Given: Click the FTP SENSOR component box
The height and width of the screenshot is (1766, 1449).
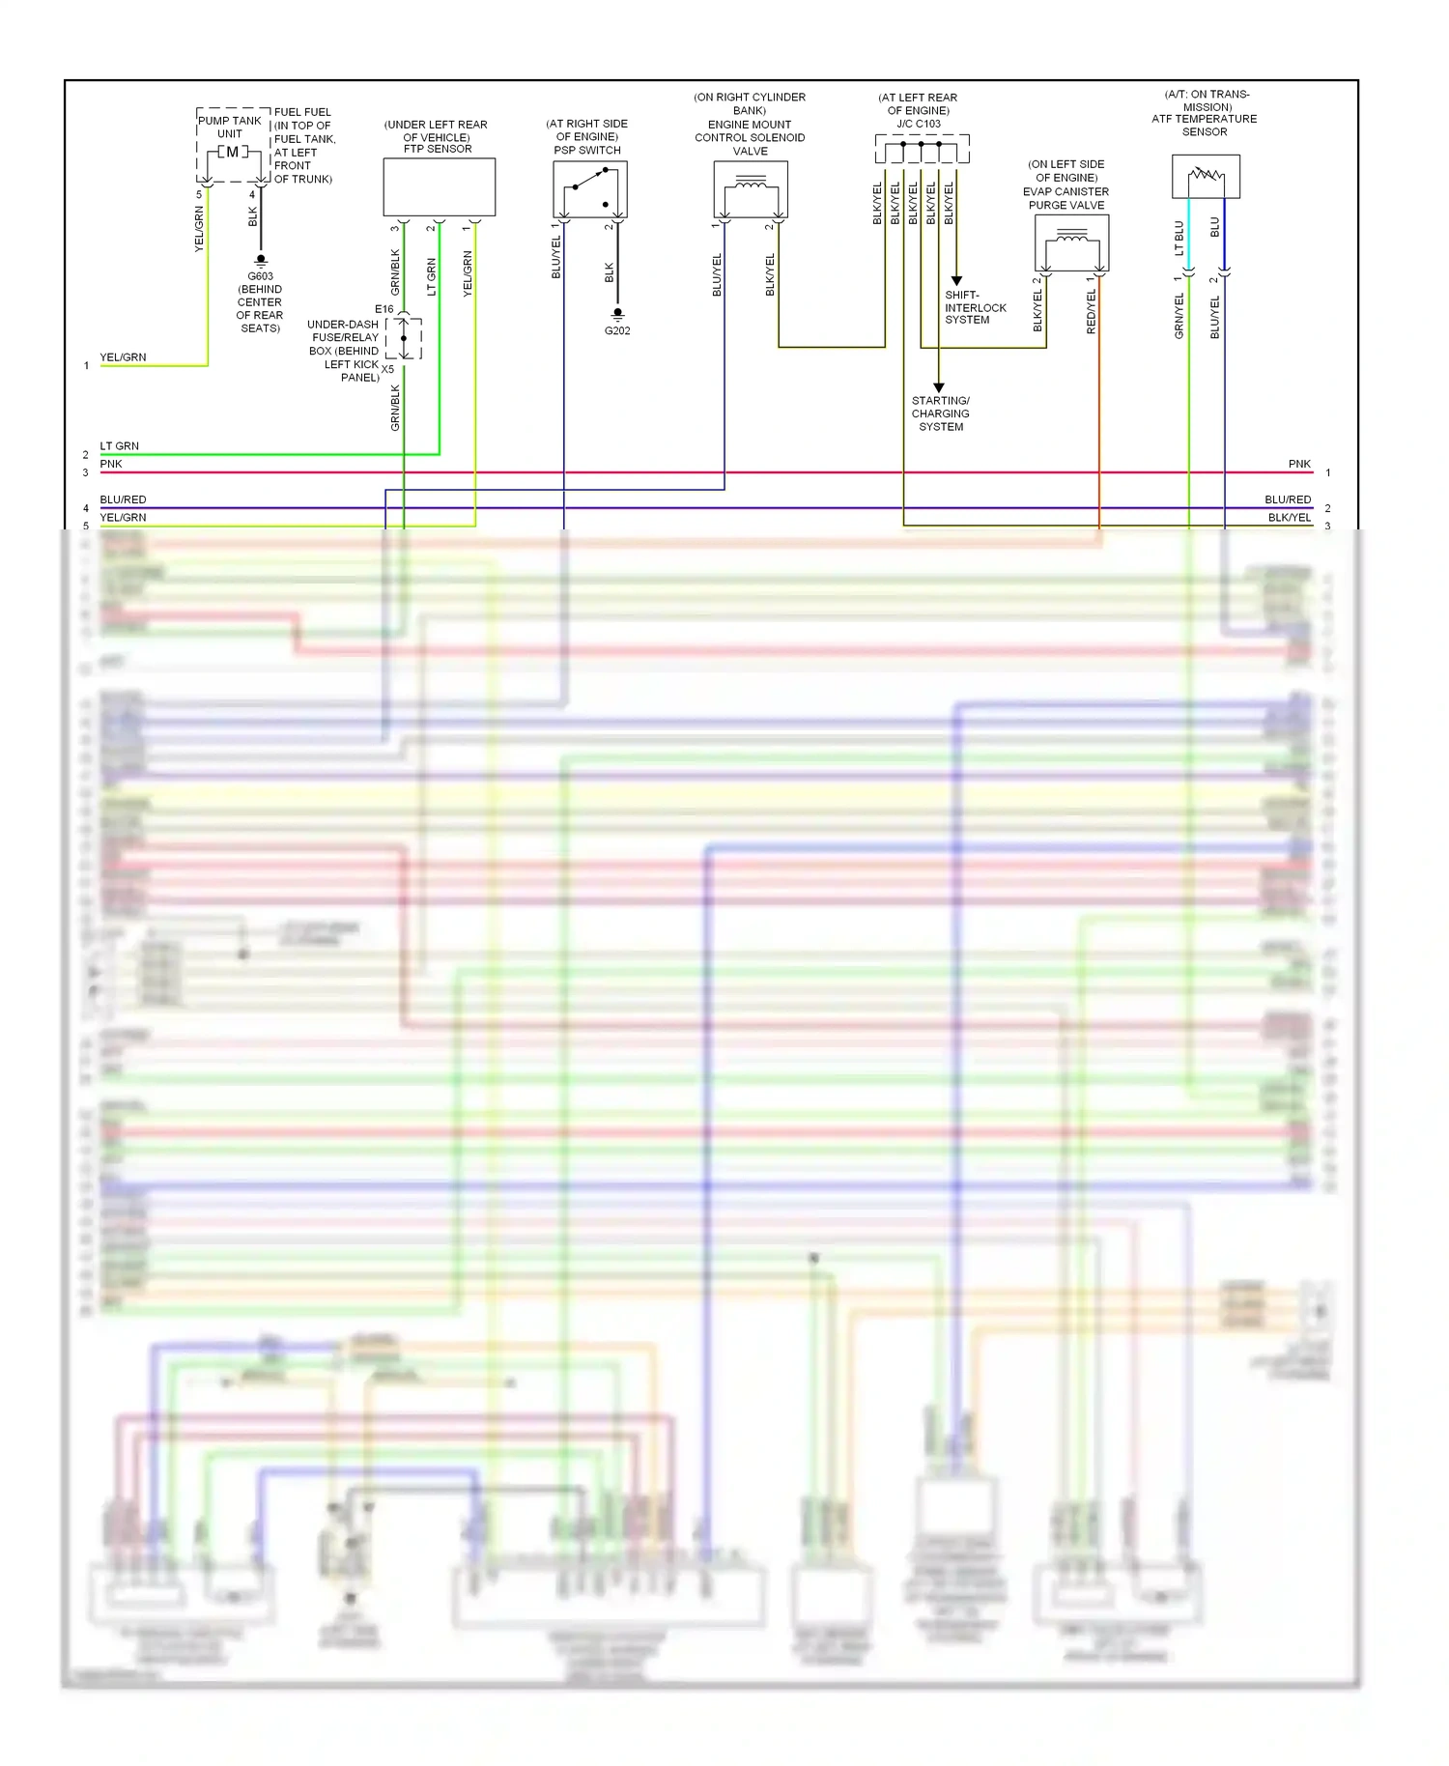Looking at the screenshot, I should tap(439, 186).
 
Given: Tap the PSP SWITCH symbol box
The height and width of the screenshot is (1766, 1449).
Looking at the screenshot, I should tap(589, 189).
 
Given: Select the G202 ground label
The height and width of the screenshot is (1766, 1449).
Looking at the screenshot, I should tap(617, 330).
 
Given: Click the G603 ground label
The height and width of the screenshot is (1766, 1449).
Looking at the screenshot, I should tap(260, 276).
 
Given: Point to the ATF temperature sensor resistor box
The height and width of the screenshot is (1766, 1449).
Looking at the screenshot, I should tap(1206, 176).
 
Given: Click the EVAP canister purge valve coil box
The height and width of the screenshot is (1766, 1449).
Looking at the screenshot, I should tap(1070, 242).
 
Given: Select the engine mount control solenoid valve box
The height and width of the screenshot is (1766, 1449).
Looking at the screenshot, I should tap(750, 188).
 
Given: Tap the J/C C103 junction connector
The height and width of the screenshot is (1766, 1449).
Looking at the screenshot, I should tap(922, 150).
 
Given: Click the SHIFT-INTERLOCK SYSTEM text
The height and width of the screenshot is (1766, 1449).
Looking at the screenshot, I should tap(975, 307).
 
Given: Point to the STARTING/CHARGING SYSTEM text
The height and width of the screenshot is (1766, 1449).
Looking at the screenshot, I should tap(940, 413).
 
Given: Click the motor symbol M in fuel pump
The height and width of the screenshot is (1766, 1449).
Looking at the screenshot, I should tap(233, 152).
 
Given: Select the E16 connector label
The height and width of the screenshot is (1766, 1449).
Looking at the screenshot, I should tap(384, 309).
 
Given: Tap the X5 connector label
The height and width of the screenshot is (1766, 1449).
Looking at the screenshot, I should tap(387, 369).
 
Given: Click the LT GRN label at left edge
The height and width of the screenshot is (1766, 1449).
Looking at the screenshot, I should tap(119, 446).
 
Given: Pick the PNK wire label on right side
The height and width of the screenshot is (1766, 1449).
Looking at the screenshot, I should tap(1298, 464).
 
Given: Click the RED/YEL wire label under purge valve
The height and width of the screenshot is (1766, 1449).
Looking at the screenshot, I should tap(1091, 311).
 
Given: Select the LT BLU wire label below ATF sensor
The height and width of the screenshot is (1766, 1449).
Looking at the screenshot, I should tap(1179, 238).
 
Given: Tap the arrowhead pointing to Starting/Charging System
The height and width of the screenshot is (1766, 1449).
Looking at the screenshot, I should tap(938, 387).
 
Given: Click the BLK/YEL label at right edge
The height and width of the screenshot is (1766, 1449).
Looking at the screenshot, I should tap(1289, 518).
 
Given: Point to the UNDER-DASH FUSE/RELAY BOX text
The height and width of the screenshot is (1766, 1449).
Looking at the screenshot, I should tap(344, 351).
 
